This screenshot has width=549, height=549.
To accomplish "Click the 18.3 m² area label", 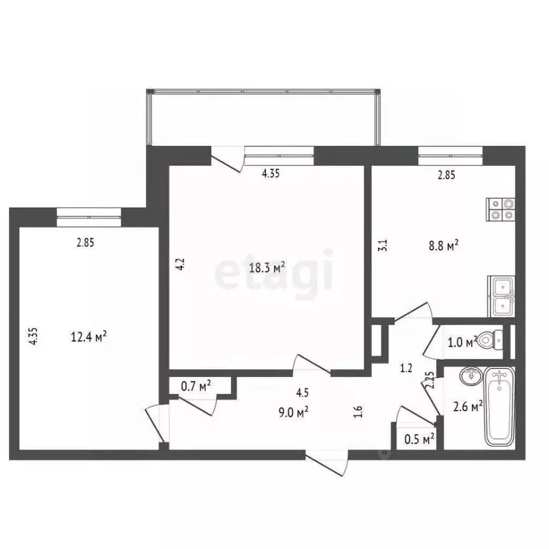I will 267,268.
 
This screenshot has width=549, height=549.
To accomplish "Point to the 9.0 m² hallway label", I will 303,411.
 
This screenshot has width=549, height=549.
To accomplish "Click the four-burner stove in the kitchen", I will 501,207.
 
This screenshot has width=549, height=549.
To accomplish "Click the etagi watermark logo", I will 275,270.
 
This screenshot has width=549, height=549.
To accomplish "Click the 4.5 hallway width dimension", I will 303,392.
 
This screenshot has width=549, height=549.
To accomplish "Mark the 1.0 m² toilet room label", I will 462,342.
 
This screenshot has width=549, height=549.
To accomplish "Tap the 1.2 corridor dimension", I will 406,369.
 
